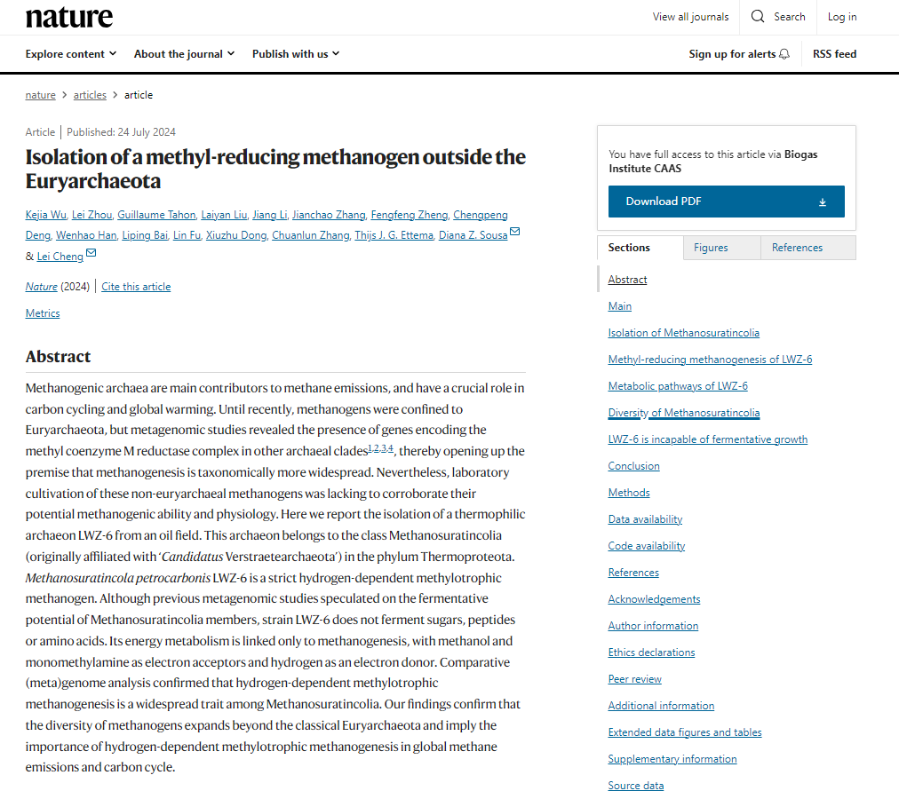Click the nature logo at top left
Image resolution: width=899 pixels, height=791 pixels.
[x=69, y=17]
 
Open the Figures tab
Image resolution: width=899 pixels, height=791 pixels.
[x=711, y=248]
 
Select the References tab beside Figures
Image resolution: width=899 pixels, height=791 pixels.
[x=797, y=248]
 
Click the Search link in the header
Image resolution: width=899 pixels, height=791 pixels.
[x=778, y=17]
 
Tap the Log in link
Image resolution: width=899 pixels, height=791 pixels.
[x=842, y=17]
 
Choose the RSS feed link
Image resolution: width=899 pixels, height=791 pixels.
[x=834, y=54]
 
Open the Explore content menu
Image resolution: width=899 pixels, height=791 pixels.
[x=71, y=54]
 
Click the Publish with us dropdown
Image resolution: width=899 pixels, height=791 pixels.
[x=296, y=54]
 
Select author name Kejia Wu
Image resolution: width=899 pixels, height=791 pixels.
[x=46, y=215]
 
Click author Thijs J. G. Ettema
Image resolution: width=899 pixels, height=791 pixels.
[x=394, y=235]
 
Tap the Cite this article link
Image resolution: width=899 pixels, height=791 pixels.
[x=136, y=287]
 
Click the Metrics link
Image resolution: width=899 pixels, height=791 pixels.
[x=43, y=313]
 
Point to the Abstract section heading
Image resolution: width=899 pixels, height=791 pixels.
[x=59, y=357]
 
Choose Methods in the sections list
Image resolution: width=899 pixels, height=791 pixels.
[x=629, y=493]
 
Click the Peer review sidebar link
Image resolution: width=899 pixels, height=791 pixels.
[x=634, y=679]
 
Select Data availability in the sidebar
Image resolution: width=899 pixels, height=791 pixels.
[x=645, y=519]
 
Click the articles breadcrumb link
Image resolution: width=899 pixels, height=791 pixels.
[x=90, y=95]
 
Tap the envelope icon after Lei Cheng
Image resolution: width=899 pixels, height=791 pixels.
[x=91, y=255]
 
